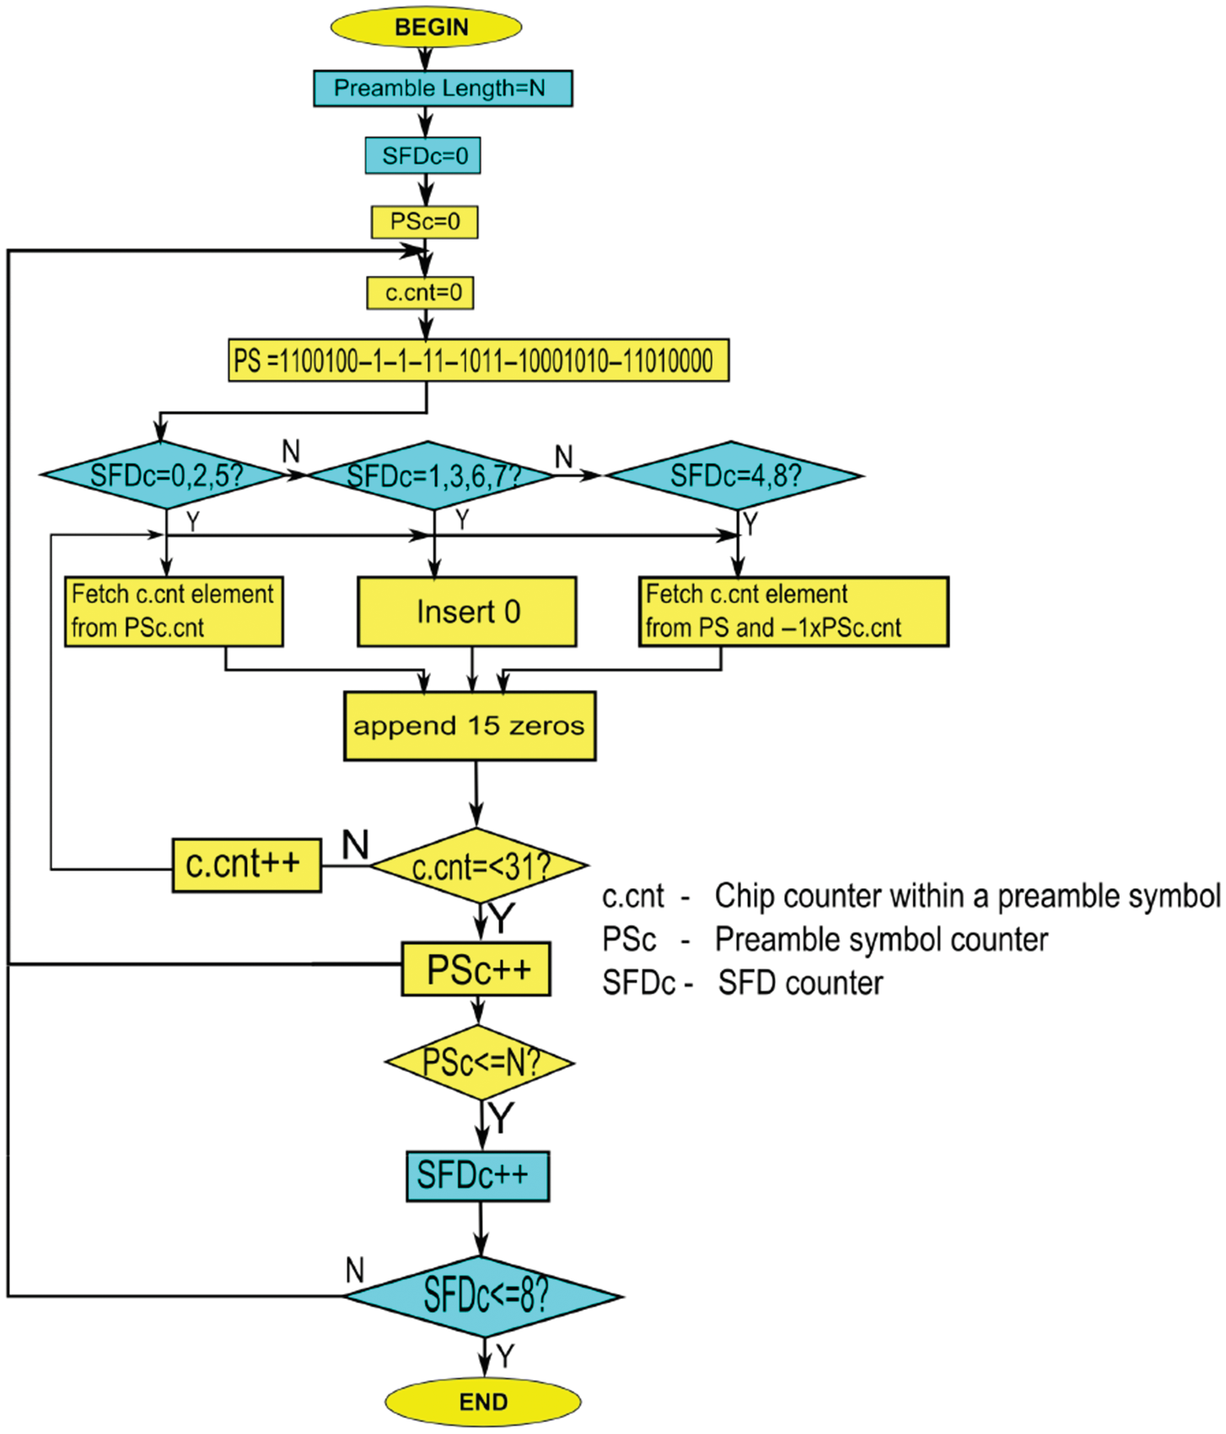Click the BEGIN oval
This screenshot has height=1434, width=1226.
click(x=426, y=27)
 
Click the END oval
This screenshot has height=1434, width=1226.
click(x=483, y=1402)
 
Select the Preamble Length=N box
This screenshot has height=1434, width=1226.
click(x=443, y=89)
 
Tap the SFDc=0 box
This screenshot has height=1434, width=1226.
click(x=422, y=156)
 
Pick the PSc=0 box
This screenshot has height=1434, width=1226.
click(x=424, y=222)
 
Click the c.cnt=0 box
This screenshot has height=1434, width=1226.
click(x=420, y=293)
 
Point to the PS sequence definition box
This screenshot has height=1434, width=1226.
click(x=478, y=361)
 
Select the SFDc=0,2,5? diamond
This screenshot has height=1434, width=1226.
click(x=164, y=476)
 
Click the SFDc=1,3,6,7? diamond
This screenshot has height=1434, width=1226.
click(x=432, y=476)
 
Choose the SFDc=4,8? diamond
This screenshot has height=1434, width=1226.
click(x=734, y=476)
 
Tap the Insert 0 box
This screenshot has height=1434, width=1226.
click(x=467, y=612)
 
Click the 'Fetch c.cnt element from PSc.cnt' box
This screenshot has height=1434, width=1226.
click(x=174, y=612)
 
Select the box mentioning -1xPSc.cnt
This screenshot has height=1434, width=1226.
click(x=793, y=612)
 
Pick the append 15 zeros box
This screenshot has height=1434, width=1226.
click(x=470, y=726)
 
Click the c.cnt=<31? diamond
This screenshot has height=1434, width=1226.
click(x=479, y=866)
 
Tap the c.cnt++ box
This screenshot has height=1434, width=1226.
click(x=246, y=865)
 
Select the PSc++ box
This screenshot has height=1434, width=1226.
click(x=476, y=969)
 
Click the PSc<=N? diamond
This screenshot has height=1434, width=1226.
click(x=480, y=1062)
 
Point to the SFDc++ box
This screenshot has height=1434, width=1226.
click(x=477, y=1176)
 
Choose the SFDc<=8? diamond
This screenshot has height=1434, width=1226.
click(x=484, y=1296)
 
